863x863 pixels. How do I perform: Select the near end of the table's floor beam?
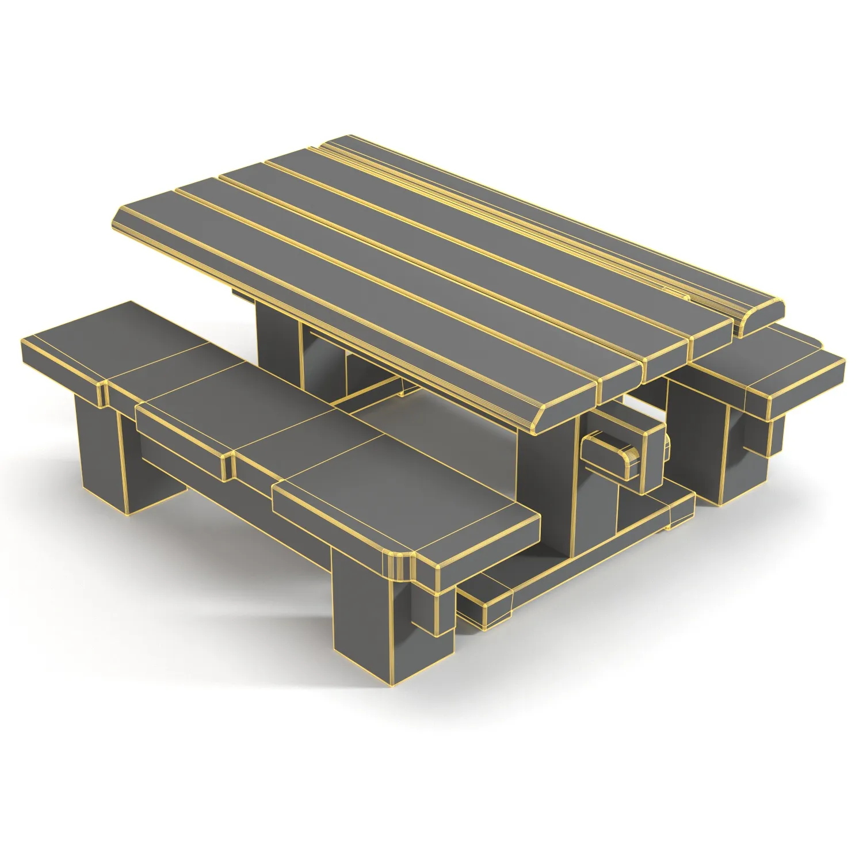(486, 598)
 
